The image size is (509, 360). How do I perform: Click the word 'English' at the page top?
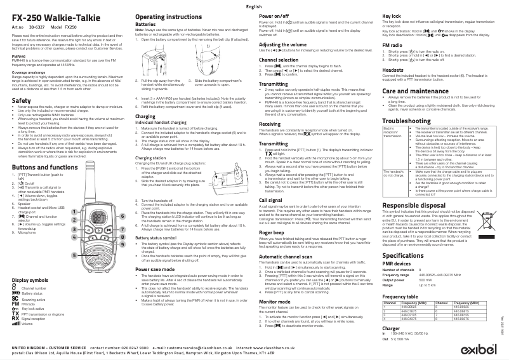click(254, 5)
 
